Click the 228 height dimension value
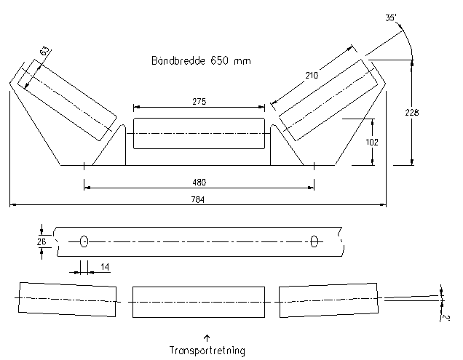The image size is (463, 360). (413, 113)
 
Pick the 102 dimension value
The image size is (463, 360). (371, 142)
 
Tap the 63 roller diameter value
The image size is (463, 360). (44, 52)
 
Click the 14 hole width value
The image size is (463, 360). (105, 268)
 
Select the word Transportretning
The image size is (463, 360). (207, 351)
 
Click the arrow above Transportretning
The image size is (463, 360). (207, 337)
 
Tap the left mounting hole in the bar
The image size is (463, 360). (84, 241)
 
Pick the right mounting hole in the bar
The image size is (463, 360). (314, 241)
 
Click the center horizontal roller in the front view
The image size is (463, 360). (198, 135)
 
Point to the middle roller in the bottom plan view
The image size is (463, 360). (198, 300)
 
